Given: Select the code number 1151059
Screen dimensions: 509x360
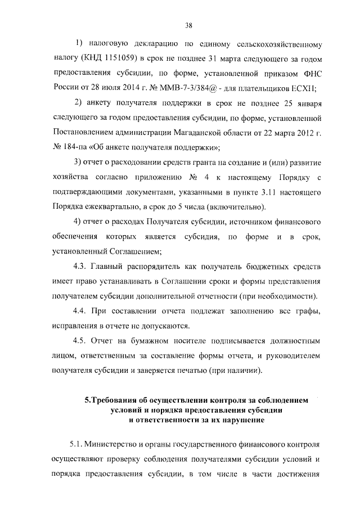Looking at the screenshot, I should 118,58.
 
